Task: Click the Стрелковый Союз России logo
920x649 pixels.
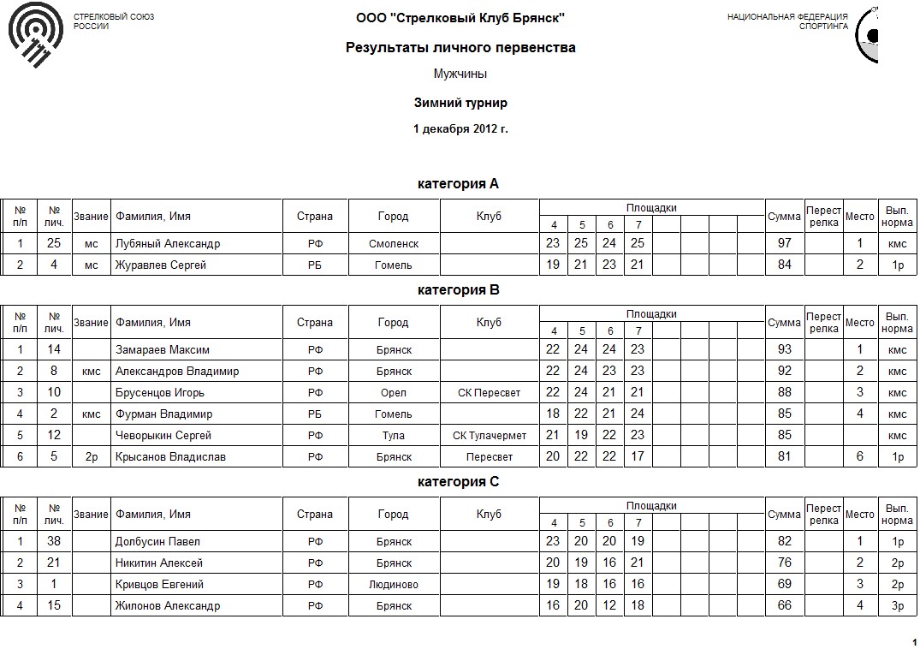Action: (x=35, y=39)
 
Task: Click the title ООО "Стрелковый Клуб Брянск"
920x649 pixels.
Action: (x=460, y=18)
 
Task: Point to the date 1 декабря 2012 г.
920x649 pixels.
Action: (x=460, y=129)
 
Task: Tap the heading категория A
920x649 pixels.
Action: (x=458, y=184)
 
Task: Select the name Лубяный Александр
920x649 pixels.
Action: (x=168, y=243)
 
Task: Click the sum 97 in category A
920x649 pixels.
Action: (x=784, y=243)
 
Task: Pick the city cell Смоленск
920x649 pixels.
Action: (x=394, y=243)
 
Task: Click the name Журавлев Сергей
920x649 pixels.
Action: (x=161, y=265)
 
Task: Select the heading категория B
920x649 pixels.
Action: (x=458, y=290)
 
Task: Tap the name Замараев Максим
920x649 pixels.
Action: (x=163, y=349)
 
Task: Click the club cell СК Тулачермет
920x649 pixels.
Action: (x=490, y=435)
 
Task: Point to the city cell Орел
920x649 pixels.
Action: (x=394, y=392)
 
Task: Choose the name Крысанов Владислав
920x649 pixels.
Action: (x=170, y=456)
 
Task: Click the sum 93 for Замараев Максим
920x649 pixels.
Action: (x=784, y=349)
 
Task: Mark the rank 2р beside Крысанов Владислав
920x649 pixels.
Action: (x=92, y=456)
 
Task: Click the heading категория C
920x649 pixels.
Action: (x=458, y=482)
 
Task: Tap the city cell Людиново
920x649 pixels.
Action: (x=394, y=584)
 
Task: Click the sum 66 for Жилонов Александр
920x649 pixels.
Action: (x=784, y=605)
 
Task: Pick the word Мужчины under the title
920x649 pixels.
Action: (x=460, y=74)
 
